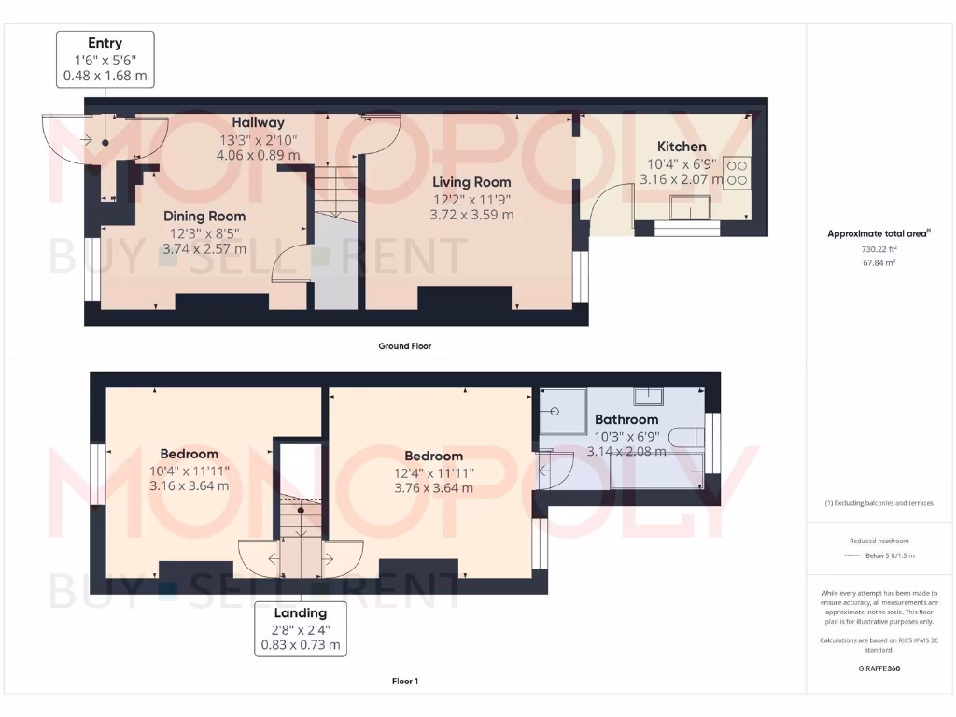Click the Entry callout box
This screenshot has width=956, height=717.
tap(105, 60)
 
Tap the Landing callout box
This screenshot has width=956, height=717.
tap(300, 628)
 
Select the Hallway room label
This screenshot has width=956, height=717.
tap(258, 122)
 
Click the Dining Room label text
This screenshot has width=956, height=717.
tap(204, 217)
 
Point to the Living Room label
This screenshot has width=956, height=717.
tap(471, 182)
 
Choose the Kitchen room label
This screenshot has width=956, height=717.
tap(682, 147)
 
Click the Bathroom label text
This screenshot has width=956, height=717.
tap(626, 419)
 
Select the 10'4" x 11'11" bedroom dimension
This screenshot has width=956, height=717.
tap(189, 471)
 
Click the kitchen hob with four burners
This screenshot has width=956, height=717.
tap(737, 172)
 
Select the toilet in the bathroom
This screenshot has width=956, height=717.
tap(692, 436)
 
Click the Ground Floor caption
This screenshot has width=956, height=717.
tap(404, 346)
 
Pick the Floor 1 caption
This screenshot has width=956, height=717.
tap(404, 682)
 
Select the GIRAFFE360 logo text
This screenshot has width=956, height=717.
tap(879, 668)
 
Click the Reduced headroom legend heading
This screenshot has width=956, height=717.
tap(879, 541)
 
